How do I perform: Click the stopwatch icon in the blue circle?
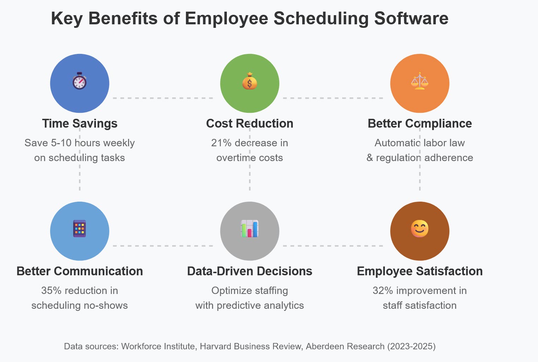pos(80,81)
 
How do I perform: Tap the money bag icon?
pos(250,81)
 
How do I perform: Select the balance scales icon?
pos(419,81)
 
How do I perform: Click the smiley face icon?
pos(419,229)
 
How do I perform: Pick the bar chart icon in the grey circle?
pos(250,229)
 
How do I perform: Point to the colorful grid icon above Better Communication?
pos(80,229)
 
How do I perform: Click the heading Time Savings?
pos(80,124)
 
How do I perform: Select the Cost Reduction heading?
pos(250,124)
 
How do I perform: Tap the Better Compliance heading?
pos(419,124)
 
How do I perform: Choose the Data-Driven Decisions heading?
pos(250,271)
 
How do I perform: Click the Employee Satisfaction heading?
pos(419,271)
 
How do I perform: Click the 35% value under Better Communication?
pos(52,291)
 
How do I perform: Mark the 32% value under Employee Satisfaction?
pos(383,291)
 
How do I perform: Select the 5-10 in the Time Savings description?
pos(61,143)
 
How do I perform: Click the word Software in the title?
pos(411,19)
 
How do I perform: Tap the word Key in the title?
pos(67,19)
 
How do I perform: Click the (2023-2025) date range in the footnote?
pos(411,346)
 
